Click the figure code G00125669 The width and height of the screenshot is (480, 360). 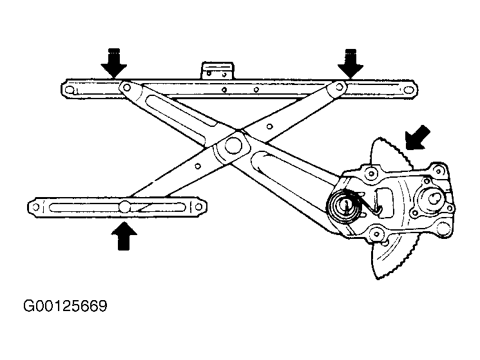pos(65,306)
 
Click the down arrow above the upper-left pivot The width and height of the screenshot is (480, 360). pos(114,62)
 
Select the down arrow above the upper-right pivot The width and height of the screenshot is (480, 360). pos(350,62)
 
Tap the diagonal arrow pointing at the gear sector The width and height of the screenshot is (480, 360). pos(418,137)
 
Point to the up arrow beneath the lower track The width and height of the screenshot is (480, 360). pos(124,236)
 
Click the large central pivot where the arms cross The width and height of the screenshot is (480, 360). pos(233,144)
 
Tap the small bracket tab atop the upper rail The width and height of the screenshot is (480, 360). pos(218,71)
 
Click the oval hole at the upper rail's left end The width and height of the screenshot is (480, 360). pos(70,90)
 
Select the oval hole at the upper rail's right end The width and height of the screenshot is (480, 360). pos(408,90)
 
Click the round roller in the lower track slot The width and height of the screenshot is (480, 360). pos(124,207)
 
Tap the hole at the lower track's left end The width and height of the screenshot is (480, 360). pos(36,207)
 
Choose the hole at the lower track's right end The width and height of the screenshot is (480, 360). pos(198,207)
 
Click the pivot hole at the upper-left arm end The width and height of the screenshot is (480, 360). pos(126,88)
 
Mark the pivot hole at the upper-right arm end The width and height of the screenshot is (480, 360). pos(339,86)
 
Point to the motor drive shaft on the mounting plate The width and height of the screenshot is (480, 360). pos(434,198)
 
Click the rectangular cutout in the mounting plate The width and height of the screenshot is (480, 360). pos(384,202)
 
